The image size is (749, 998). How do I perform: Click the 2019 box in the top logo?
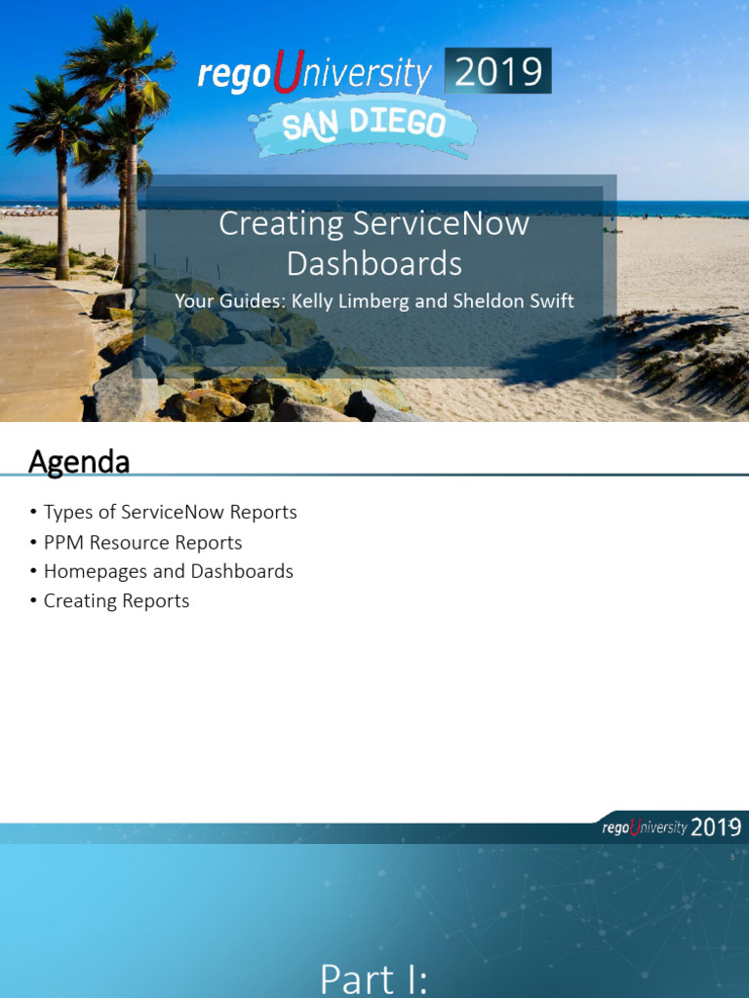[497, 72]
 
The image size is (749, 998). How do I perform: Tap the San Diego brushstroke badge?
[362, 125]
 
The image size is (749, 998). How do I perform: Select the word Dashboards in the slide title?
[374, 263]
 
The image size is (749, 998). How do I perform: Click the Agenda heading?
[79, 462]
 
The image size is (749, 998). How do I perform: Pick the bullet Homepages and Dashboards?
[168, 571]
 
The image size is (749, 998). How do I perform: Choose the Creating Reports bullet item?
[116, 600]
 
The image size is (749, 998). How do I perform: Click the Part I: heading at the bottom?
[374, 979]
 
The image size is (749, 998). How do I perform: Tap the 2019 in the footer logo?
[716, 827]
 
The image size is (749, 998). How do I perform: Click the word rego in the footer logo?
[615, 828]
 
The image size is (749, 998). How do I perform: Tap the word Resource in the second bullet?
[133, 542]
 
